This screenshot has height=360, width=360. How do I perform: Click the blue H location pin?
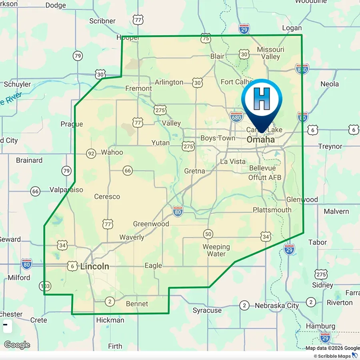point(262,100)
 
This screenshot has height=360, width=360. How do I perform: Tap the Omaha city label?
point(261,140)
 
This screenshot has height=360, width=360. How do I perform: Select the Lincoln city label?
point(95,266)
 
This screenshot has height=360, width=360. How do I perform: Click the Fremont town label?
point(138,88)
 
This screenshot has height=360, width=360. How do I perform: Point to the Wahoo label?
point(112,152)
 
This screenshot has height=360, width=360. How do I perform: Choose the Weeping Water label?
point(216,250)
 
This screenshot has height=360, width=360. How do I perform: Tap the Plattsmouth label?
point(272,210)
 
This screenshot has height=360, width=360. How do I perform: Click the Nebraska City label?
point(277,306)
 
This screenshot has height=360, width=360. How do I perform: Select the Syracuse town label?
point(207,310)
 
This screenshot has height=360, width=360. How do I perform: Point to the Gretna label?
point(194,171)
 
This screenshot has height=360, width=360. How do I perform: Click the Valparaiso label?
point(66,190)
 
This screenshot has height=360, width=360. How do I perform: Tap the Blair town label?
point(217,56)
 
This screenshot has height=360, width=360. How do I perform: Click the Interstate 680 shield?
point(236,117)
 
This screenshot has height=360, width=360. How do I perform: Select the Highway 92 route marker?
point(91,153)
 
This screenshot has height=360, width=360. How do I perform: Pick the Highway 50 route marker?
point(208,234)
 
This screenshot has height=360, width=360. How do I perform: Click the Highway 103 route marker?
point(45,286)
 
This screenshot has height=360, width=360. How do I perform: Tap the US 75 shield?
point(206,38)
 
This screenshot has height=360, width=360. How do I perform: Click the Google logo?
point(17,345)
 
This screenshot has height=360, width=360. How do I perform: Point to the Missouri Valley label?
point(270,53)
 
